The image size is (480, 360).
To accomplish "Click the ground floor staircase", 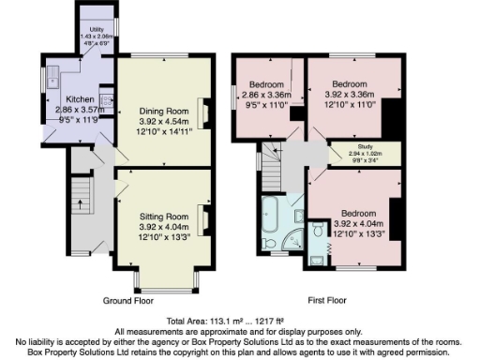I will tap(81, 201).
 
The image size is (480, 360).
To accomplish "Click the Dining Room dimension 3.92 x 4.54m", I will tap(158, 121).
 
